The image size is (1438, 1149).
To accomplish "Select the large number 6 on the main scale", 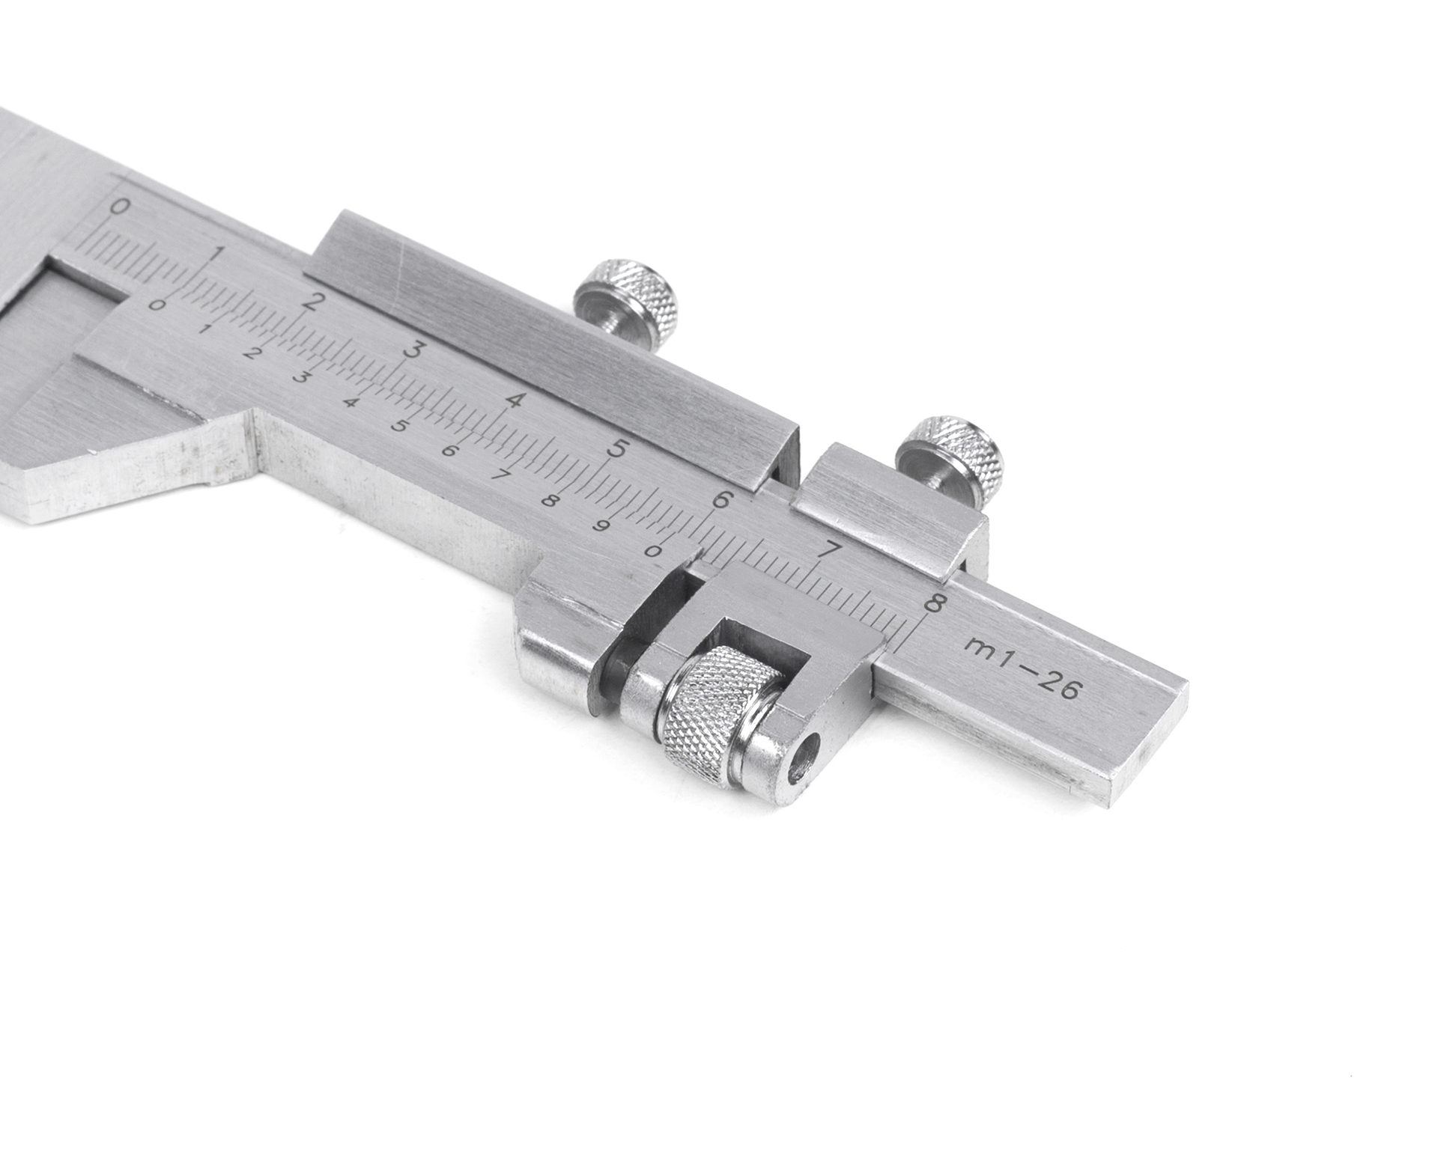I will [x=722, y=499].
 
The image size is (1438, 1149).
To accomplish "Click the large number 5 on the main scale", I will [x=619, y=449].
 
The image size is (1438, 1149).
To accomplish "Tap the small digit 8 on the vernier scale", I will [x=550, y=501].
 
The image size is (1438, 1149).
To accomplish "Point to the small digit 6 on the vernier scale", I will [x=449, y=451].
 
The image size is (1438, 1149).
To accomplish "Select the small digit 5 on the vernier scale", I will [x=399, y=427].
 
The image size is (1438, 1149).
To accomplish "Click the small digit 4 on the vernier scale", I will [x=350, y=402].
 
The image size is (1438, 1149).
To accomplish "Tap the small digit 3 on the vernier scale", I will [x=300, y=378].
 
